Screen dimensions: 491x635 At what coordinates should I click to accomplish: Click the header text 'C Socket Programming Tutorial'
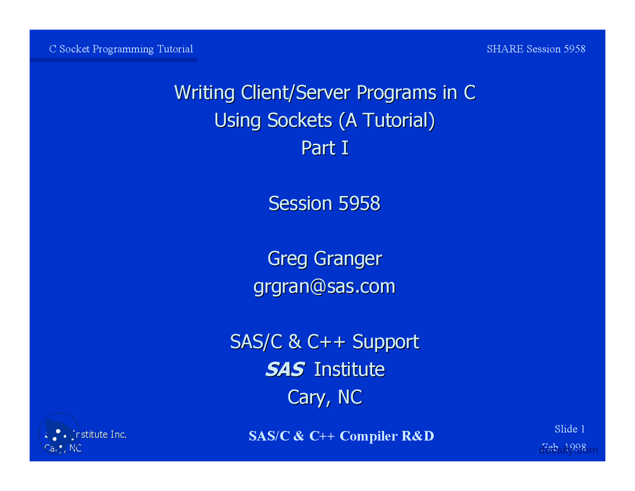point(121,49)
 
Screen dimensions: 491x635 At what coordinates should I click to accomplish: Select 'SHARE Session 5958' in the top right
point(536,49)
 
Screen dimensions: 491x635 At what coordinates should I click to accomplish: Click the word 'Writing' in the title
point(204,93)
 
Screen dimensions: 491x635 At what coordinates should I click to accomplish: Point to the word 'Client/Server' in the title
point(296,93)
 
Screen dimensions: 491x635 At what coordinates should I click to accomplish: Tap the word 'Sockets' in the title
point(300,121)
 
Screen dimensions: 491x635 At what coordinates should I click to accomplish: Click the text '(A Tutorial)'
point(386,121)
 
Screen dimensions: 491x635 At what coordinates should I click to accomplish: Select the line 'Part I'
point(325,148)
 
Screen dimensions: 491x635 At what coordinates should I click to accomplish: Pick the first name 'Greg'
point(287,259)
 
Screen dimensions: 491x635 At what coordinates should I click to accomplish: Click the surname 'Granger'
point(348,259)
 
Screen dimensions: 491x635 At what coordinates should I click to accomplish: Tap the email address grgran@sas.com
point(324,286)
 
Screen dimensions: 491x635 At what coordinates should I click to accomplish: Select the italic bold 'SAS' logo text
point(285,369)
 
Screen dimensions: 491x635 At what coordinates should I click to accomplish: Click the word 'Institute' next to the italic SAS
point(349,369)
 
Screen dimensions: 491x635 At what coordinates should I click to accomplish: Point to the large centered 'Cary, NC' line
point(325,397)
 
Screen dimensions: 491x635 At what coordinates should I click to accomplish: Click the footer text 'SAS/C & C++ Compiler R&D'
point(341,436)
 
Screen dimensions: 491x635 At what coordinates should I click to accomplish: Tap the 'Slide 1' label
point(570,429)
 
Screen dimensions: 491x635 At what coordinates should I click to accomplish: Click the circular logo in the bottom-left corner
point(59,433)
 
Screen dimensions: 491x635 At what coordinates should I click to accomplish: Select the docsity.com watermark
point(569,450)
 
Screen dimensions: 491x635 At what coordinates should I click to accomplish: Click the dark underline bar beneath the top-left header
point(113,60)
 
